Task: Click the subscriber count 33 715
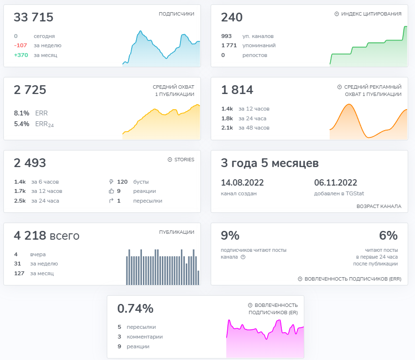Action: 34,18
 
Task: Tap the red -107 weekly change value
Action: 21,45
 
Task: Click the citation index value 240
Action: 232,18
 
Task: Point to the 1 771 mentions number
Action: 229,45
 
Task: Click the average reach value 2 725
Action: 30,90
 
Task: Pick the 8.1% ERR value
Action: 22,113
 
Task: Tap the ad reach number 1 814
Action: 237,90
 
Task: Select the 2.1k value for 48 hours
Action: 227,128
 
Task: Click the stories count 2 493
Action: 30,163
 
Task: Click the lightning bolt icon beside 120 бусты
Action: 111,181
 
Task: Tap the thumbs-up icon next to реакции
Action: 111,191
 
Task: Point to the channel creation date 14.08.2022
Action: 242,183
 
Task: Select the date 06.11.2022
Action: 336,183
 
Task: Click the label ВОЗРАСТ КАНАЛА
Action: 379,207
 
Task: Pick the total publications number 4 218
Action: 30,236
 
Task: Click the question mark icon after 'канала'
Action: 243,257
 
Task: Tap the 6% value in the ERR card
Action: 388,236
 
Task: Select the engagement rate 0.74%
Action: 135,308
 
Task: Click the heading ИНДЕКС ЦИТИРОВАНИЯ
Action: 371,14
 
